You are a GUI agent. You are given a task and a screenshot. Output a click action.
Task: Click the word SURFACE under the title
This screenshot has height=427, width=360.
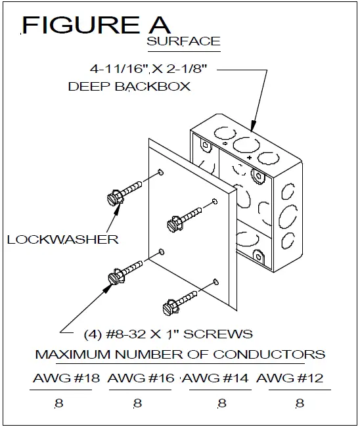tap(183, 41)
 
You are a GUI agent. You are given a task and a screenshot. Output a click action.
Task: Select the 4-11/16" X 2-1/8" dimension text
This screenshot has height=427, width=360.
tap(149, 68)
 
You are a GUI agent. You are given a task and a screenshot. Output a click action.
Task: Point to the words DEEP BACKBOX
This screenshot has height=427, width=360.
tap(129, 87)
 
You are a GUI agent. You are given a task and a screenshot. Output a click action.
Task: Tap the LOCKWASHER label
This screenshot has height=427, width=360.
tap(62, 239)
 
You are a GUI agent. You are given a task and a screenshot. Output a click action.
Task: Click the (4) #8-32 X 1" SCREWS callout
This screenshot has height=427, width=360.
tap(168, 333)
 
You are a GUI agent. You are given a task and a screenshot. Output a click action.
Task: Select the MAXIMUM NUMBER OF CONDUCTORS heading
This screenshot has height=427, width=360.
tap(180, 355)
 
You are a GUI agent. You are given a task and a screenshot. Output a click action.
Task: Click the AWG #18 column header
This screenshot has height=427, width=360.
tap(62, 379)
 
